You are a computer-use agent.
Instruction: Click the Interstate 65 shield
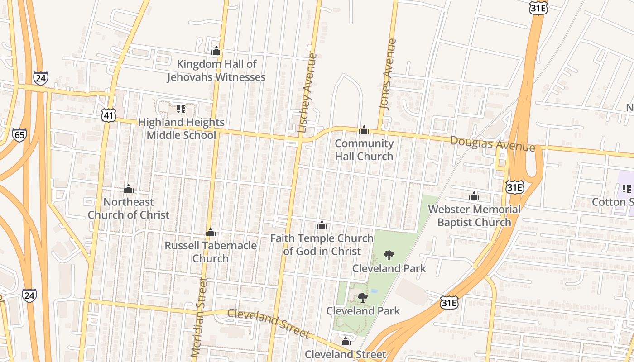tap(19, 135)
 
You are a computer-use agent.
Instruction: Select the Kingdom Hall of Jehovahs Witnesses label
tap(216, 71)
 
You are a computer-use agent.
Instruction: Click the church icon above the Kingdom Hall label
tap(216, 51)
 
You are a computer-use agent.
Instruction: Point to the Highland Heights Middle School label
tap(181, 129)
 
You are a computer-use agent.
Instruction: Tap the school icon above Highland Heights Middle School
tap(181, 109)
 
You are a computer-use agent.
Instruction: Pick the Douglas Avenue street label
tap(492, 144)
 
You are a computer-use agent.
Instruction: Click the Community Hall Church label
tap(364, 150)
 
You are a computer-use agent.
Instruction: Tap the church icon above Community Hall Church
tap(364, 130)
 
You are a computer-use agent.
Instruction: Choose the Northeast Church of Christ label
tap(129, 208)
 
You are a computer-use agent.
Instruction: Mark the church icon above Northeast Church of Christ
tap(129, 188)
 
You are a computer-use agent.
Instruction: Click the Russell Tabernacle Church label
tap(211, 252)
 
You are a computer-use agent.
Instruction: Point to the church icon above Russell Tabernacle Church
tap(211, 233)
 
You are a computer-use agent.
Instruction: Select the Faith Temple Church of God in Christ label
tap(322, 244)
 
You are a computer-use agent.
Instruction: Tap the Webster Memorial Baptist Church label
tap(474, 216)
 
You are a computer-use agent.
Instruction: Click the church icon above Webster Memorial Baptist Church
tap(474, 196)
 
